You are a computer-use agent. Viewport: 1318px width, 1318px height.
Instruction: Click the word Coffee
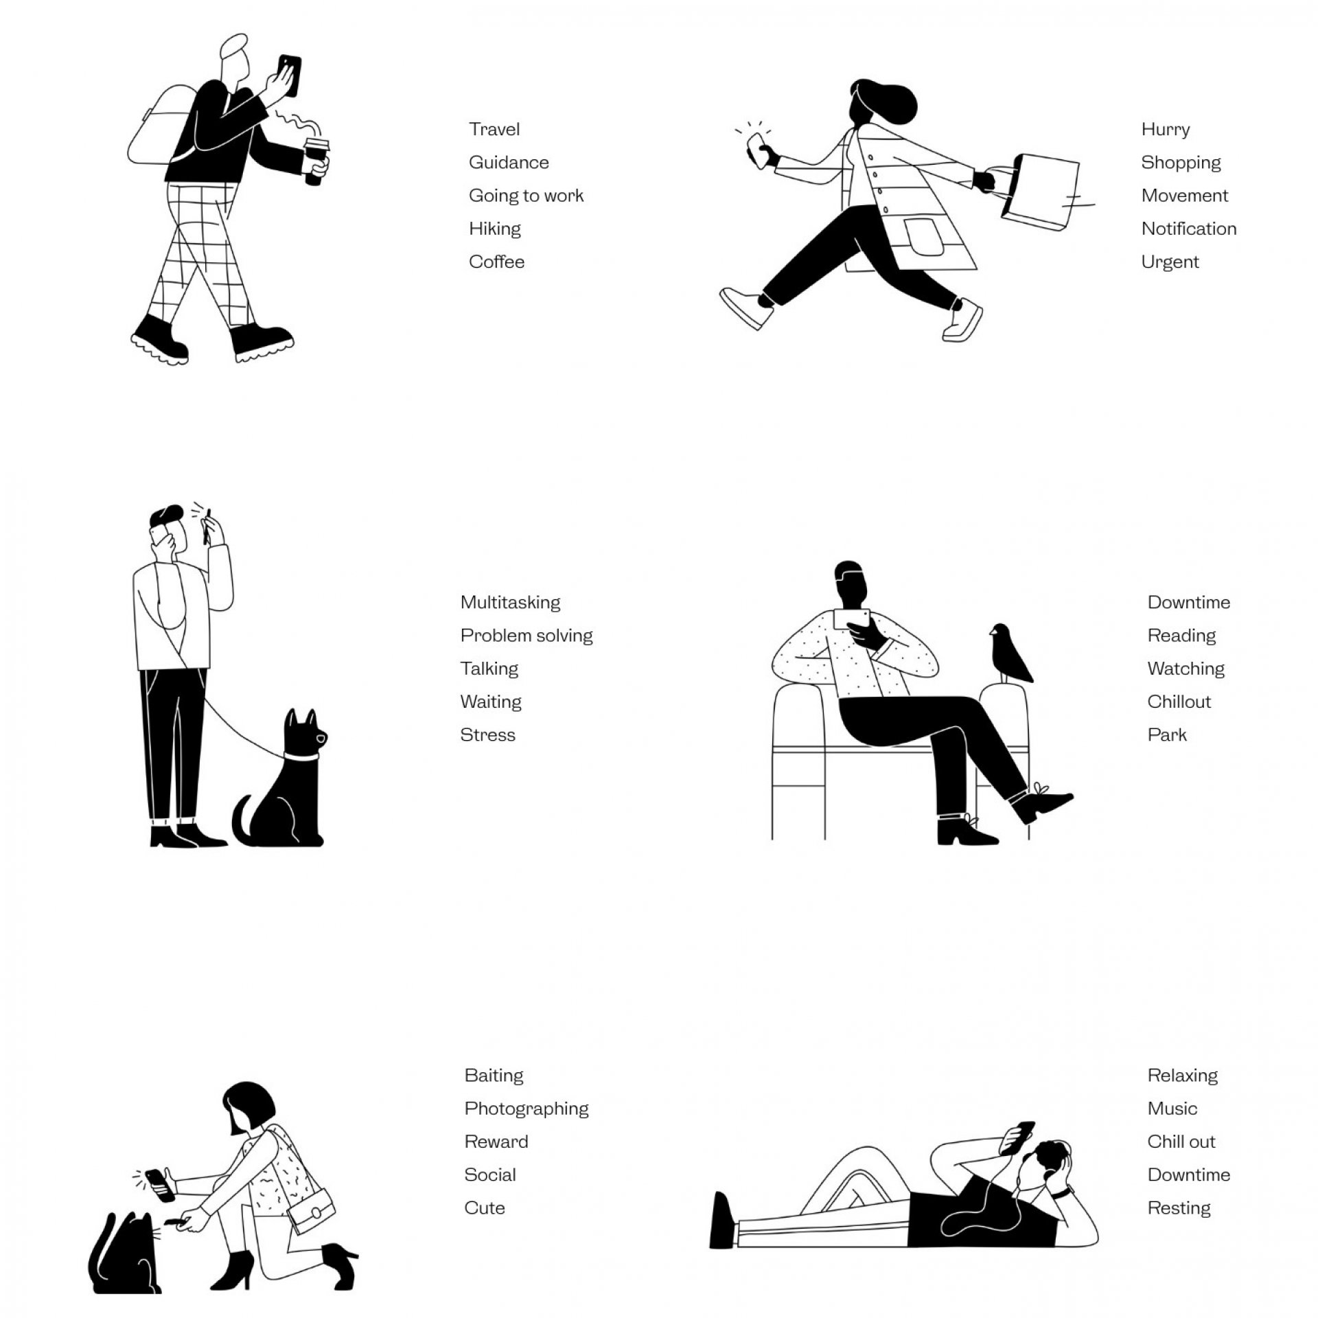click(x=496, y=262)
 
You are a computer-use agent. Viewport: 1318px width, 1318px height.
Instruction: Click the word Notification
click(x=1189, y=229)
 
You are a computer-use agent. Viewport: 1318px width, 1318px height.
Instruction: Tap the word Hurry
click(x=1166, y=130)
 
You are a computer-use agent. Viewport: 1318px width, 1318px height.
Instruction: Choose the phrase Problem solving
click(x=527, y=636)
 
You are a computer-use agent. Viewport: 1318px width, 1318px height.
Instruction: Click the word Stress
click(x=487, y=735)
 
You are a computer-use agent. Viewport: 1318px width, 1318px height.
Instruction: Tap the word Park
click(x=1167, y=735)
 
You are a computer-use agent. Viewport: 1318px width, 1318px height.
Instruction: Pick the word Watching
click(x=1186, y=669)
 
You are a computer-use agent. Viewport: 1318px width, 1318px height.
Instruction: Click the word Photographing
click(x=527, y=1109)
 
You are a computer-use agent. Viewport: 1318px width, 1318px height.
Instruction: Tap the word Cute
click(x=485, y=1207)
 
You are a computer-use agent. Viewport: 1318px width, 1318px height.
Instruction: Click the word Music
click(x=1172, y=1109)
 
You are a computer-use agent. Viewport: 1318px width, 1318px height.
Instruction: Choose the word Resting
click(x=1179, y=1207)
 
